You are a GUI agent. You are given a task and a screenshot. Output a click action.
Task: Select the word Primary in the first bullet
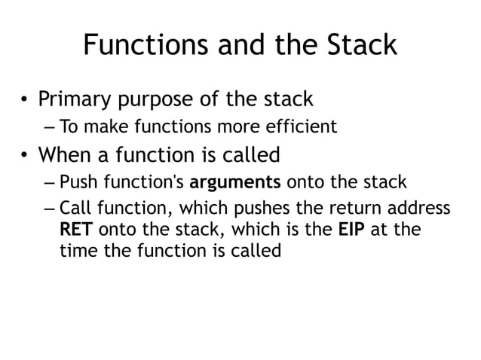[x=77, y=99]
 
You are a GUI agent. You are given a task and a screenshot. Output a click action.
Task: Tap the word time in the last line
[x=76, y=250]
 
